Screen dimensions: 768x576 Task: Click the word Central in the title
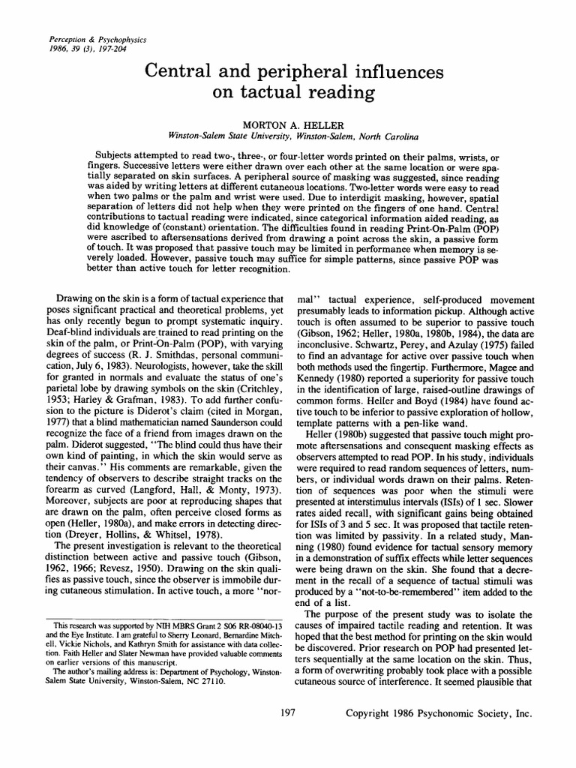[176, 73]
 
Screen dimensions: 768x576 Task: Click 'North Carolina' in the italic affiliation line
[375, 137]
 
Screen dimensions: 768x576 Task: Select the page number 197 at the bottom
[286, 715]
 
